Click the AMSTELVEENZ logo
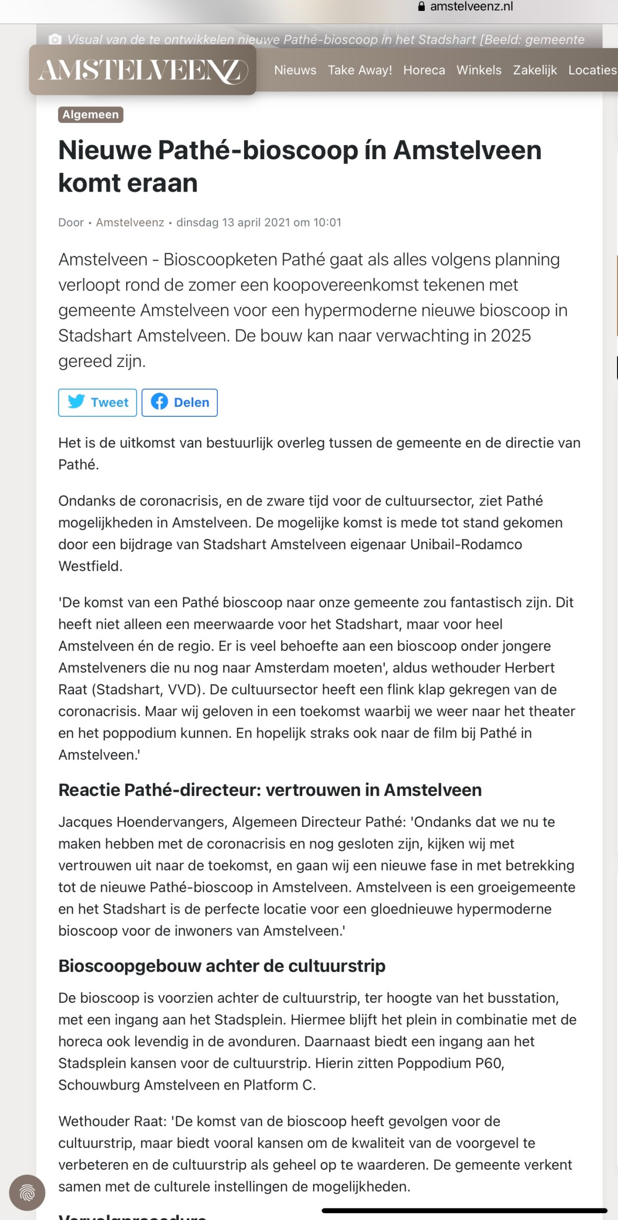(142, 70)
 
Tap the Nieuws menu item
(295, 70)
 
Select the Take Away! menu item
(360, 70)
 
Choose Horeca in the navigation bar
(424, 70)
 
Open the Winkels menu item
(479, 70)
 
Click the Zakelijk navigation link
(535, 70)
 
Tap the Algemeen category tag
(91, 115)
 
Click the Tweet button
(97, 402)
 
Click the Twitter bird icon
(76, 402)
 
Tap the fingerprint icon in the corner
(27, 1193)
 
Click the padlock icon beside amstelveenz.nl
(422, 7)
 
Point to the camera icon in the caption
(54, 40)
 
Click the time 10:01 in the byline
(327, 223)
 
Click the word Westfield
(90, 566)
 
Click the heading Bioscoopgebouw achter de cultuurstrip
(222, 966)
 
